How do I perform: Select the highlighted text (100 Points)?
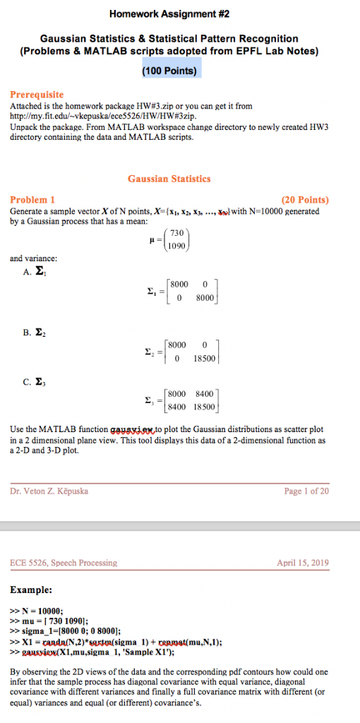point(169,70)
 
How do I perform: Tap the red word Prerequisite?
point(37,94)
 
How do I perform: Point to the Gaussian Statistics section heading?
point(169,179)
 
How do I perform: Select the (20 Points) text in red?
point(305,200)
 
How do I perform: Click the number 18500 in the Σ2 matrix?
point(203,358)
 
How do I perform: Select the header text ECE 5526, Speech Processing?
point(64,563)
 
